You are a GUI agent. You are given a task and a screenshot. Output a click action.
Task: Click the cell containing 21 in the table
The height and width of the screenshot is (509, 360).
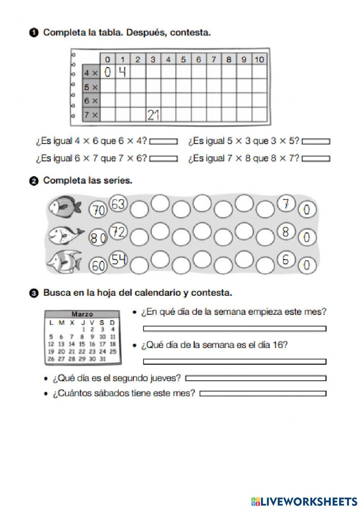153,115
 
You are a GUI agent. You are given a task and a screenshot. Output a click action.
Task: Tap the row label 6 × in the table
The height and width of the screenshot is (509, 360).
91,101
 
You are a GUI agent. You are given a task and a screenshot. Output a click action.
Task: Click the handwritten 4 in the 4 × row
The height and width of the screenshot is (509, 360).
122,72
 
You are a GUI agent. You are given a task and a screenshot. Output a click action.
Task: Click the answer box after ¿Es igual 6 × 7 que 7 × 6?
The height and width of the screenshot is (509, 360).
163,158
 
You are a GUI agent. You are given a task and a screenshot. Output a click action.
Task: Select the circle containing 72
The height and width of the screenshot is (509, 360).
118,232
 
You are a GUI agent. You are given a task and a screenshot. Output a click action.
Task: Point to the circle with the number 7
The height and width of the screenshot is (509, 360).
286,205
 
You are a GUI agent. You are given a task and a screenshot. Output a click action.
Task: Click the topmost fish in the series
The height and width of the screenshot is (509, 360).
64,206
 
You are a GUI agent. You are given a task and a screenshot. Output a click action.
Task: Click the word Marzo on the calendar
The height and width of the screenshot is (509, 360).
82,314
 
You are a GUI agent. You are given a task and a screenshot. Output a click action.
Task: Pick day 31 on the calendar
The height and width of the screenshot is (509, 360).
102,359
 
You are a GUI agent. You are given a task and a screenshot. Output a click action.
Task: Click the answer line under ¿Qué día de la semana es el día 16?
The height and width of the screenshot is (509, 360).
234,361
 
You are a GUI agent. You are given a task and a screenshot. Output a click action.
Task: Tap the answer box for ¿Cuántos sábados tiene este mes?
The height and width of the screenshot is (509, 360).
263,394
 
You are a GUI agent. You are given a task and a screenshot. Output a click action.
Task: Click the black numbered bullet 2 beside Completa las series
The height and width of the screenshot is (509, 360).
33,182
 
